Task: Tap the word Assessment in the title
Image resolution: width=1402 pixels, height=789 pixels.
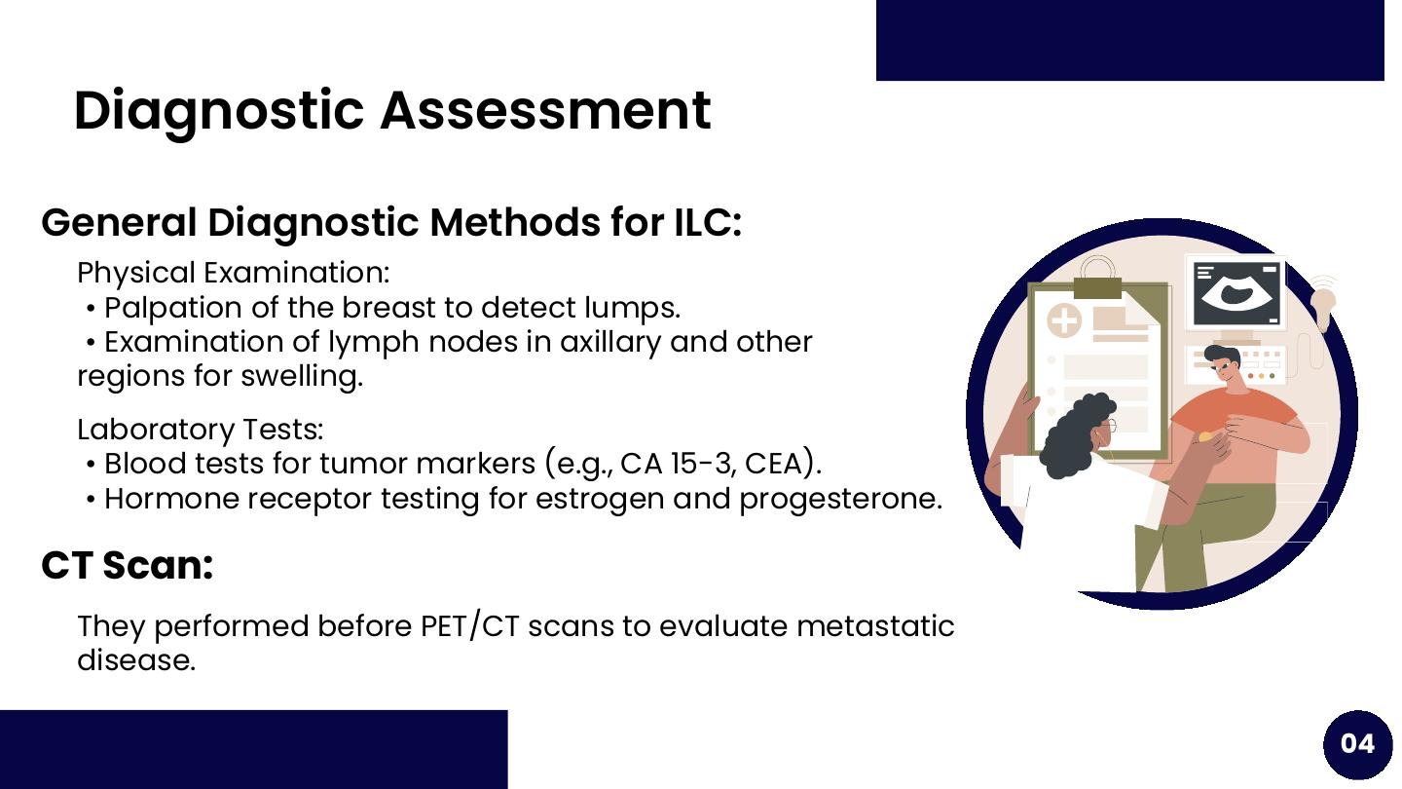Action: click(545, 110)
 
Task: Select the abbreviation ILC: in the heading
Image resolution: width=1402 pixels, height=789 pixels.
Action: click(708, 223)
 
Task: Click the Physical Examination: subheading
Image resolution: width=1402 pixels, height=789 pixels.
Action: click(233, 273)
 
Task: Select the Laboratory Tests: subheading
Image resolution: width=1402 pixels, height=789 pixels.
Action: click(201, 430)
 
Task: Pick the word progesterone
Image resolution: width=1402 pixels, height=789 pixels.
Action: click(839, 500)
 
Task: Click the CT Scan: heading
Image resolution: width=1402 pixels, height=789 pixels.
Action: click(127, 565)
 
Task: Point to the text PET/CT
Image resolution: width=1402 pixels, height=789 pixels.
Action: click(469, 626)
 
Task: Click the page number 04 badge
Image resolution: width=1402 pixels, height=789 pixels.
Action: click(1357, 744)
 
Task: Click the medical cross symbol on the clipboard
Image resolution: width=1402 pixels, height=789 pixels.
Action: click(1064, 321)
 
